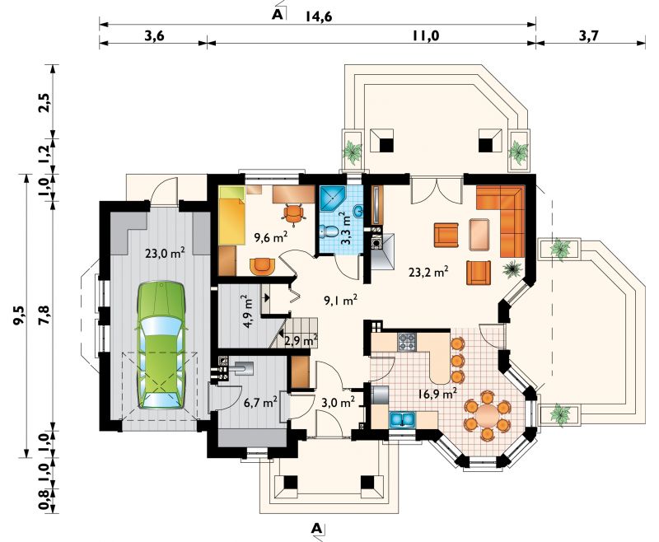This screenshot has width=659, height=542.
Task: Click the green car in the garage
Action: (161, 345)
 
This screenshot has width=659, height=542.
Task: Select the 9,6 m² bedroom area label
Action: (271, 238)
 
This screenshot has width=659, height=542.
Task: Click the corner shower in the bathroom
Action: (332, 199)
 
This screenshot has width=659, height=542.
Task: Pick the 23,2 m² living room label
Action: (428, 272)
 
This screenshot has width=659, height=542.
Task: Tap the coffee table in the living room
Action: (479, 235)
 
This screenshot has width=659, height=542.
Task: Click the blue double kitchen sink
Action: (403, 419)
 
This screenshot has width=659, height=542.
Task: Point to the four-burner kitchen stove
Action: (406, 342)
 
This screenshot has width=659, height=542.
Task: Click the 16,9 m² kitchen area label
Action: (437, 394)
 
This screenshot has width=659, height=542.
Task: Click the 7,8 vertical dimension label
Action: (44, 315)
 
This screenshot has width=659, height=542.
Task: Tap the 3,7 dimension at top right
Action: (588, 35)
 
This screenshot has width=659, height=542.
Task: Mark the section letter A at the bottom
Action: (317, 528)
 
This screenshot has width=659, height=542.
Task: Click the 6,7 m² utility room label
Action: (260, 403)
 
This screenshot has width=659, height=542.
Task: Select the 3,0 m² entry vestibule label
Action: (338, 403)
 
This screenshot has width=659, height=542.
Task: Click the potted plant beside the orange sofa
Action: (512, 268)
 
